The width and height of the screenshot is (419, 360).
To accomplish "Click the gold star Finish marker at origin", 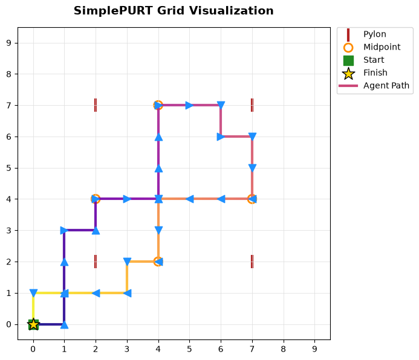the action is [x=33, y=324].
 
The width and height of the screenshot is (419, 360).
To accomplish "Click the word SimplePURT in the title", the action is [x=114, y=11].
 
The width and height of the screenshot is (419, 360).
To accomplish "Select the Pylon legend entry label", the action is [x=375, y=34].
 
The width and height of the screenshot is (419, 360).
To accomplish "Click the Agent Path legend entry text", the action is [x=386, y=85].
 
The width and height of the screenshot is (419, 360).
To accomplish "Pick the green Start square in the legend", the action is [x=348, y=60].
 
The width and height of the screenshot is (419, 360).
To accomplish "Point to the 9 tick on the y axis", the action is [x=9, y=43].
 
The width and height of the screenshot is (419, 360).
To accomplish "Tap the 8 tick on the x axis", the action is [x=283, y=349].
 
